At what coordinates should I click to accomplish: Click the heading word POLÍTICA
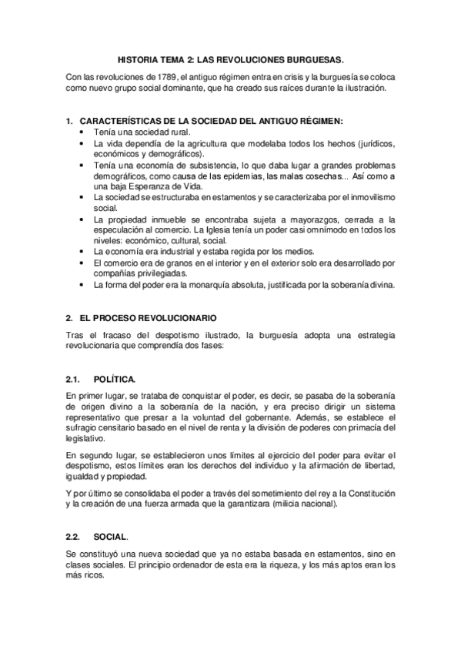115,379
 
